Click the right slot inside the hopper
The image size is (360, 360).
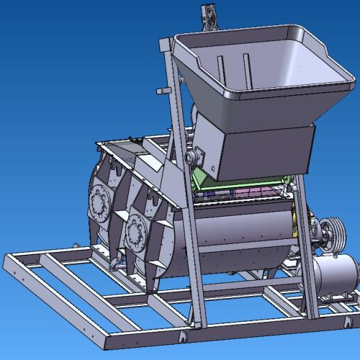[247, 69]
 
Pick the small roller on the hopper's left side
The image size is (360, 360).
[192, 154]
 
